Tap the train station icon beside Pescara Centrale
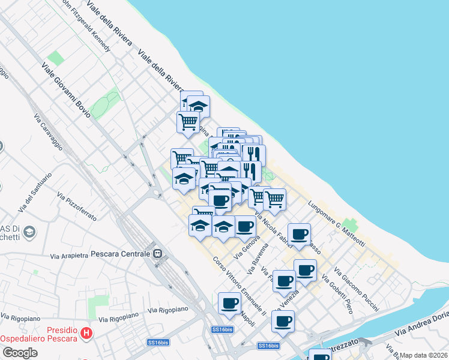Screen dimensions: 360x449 pos(158,253)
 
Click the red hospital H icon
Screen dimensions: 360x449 pos(87,332)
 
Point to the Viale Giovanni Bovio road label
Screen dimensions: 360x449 pos(66,91)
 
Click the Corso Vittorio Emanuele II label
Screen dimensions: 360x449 pos(240,286)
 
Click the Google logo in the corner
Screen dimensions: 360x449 pos(20,352)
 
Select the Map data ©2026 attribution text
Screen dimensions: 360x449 pos(423,355)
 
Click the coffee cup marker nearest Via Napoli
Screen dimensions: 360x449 pos(229,303)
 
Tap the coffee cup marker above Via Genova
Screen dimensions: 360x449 pos(244,226)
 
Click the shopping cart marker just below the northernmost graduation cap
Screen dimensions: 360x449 pos(188,121)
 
